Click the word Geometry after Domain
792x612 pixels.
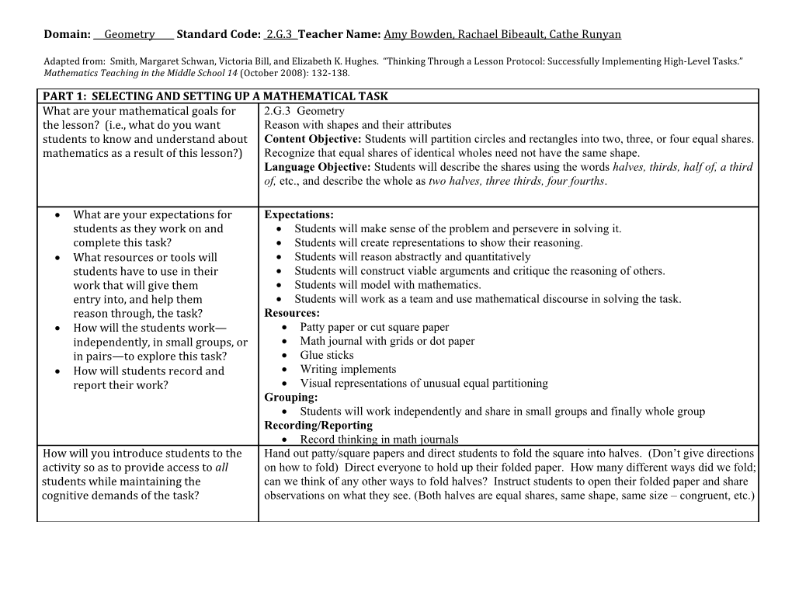click(x=129, y=34)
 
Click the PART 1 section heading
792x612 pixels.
click(x=215, y=96)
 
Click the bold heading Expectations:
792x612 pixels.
click(x=299, y=214)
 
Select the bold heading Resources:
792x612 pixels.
click(x=292, y=313)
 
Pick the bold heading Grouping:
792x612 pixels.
click(x=290, y=398)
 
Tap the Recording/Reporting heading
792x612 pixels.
click(x=318, y=426)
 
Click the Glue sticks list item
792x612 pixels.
click(x=327, y=355)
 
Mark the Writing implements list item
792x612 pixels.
click(x=348, y=369)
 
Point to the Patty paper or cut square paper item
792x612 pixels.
click(x=374, y=327)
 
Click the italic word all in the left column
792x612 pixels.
click(x=221, y=468)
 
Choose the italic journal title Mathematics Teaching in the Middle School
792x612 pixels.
click(x=141, y=74)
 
